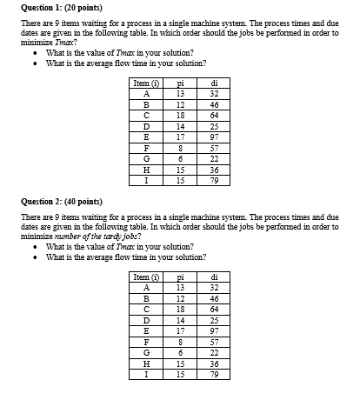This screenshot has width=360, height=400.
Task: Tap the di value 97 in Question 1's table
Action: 214,137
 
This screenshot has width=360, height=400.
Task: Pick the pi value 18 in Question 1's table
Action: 180,115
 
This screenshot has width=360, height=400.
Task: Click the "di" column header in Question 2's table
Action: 214,277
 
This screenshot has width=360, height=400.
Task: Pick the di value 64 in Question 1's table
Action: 214,115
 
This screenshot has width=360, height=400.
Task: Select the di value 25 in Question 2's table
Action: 214,320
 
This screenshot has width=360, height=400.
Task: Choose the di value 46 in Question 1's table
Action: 214,103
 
